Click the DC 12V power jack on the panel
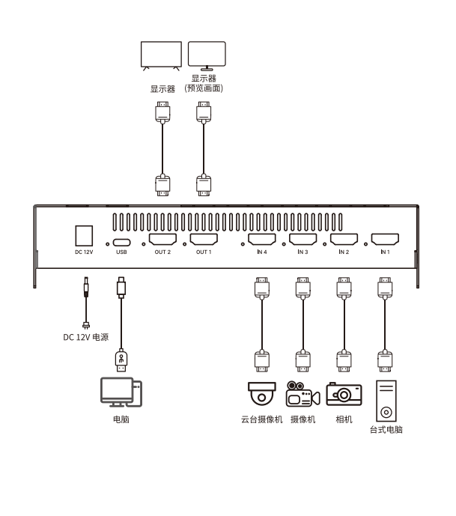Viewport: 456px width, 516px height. point(84,236)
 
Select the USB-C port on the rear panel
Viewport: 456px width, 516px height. point(121,243)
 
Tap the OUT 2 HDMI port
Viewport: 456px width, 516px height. point(162,239)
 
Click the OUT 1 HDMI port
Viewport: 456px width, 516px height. point(204,239)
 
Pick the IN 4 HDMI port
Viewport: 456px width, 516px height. point(262,239)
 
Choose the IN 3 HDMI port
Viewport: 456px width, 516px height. point(303,239)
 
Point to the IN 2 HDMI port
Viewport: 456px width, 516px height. point(344,239)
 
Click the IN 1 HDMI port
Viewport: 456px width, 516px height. point(385,239)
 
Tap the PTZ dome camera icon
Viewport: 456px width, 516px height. point(262,394)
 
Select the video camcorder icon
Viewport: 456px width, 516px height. point(303,394)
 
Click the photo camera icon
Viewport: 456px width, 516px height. point(344,394)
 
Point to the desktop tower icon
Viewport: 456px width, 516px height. point(386,401)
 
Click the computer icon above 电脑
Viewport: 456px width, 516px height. point(121,392)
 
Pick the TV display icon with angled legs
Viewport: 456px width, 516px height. point(161,55)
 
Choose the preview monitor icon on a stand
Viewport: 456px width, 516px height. point(207,55)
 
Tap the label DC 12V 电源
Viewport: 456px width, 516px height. point(86,337)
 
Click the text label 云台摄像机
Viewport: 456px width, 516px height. point(262,419)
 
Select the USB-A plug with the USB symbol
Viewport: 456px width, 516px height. point(121,361)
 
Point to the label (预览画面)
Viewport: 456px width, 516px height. point(204,88)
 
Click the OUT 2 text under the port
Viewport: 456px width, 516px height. point(162,252)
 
